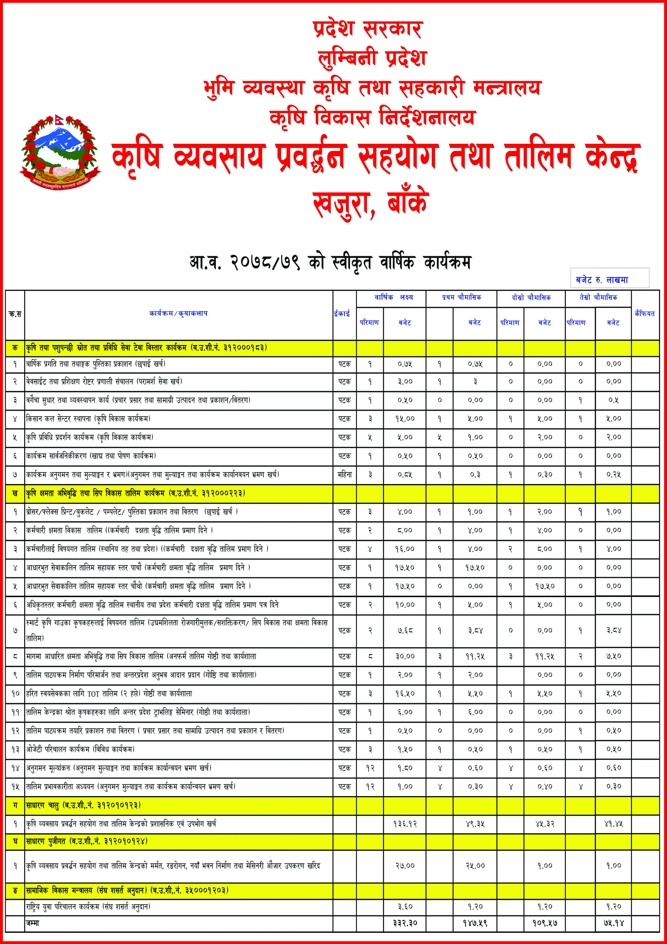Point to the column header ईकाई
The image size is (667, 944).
342,314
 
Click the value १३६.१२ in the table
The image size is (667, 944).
405,824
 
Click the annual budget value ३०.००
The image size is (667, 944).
405,656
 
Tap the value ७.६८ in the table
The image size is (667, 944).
405,630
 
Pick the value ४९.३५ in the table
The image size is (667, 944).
475,824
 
